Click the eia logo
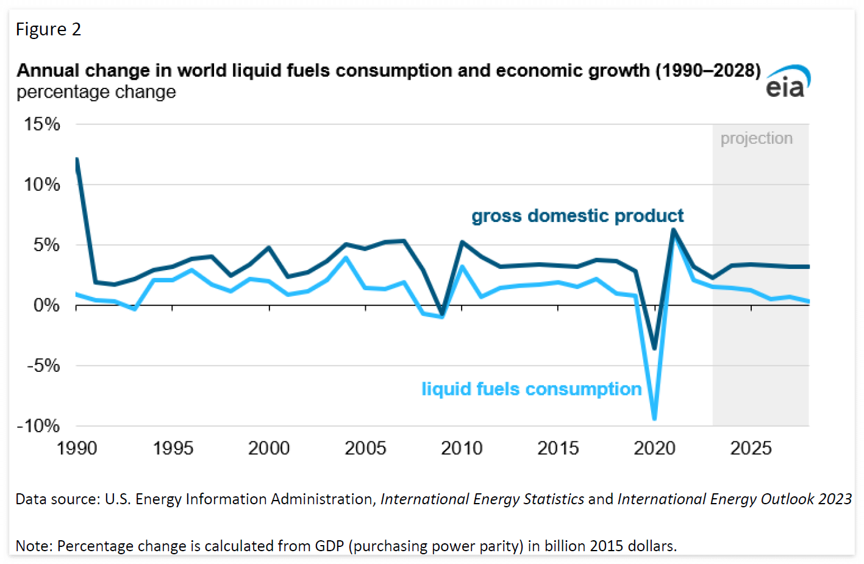tap(788, 82)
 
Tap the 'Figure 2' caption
tap(48, 29)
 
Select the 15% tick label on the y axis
tap(42, 124)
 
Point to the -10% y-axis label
tap(38, 426)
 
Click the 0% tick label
tap(46, 305)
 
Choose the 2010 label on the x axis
tap(462, 449)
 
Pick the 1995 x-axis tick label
tap(173, 449)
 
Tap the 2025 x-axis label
tap(751, 449)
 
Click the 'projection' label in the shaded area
tap(756, 138)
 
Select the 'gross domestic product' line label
tap(577, 216)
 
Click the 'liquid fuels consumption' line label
tap(531, 389)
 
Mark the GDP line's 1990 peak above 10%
tap(77, 160)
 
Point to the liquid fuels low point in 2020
tap(654, 418)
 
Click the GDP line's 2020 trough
tap(654, 348)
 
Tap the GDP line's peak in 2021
tap(673, 230)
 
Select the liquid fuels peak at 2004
tap(346, 257)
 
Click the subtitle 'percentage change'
tap(96, 92)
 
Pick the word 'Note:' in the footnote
tap(34, 546)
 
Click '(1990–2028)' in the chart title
tap(708, 71)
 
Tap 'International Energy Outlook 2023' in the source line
tap(734, 499)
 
